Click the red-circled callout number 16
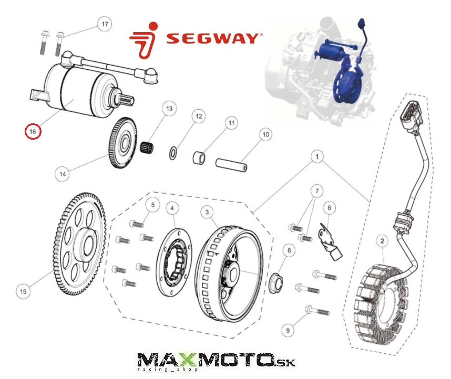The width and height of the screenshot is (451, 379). pos(33,132)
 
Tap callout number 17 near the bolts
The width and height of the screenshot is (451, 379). pos(105,24)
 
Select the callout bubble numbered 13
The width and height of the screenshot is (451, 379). pos(169,109)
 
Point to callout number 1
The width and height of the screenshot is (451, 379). pos(317,156)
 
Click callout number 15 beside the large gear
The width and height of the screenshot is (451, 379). pos(23,291)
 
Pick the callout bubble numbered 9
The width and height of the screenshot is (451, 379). pos(288,330)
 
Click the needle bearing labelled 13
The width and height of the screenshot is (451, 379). pos(147,148)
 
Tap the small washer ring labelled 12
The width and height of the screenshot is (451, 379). pos(173,153)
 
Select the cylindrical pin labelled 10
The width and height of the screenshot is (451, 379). pos(231,165)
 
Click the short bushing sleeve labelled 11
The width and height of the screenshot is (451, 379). pos(199,159)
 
